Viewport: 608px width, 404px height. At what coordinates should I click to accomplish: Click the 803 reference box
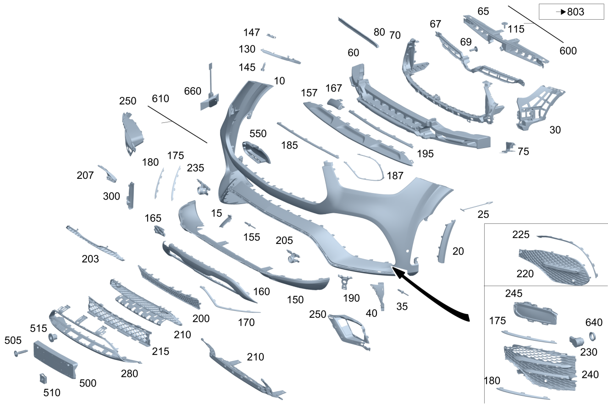point(571,11)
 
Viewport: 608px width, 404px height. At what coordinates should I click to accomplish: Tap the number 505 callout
point(13,340)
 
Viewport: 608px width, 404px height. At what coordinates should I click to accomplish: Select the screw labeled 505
point(21,353)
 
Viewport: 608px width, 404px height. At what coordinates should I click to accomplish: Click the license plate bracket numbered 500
point(55,360)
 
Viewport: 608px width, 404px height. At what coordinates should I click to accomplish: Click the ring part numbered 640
point(592,336)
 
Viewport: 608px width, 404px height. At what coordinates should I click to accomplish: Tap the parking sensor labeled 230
point(576,342)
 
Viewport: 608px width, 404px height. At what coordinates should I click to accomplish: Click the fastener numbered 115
point(504,25)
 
